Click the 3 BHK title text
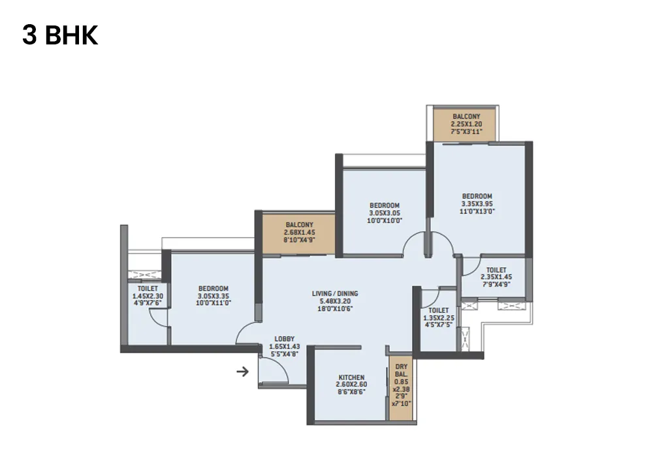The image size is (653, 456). [x=60, y=35]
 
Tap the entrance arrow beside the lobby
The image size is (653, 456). [x=242, y=372]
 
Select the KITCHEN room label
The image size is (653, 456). [x=351, y=378]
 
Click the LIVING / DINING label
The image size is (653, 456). [x=335, y=293]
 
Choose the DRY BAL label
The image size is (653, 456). [x=400, y=371]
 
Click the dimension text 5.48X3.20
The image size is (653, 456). [x=335, y=301]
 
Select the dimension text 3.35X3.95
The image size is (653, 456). [x=477, y=204]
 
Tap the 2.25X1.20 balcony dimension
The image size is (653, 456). [x=466, y=124]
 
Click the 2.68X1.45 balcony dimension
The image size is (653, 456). [x=299, y=233]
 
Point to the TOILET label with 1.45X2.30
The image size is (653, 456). [x=148, y=288]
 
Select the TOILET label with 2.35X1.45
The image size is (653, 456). [x=496, y=269]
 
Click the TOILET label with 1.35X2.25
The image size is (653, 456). [x=439, y=310]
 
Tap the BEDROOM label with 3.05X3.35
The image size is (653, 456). [x=213, y=289]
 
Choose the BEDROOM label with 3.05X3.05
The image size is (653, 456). [x=384, y=205]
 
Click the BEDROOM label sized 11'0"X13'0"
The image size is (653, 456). [x=477, y=196]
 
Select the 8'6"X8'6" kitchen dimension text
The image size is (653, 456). [x=351, y=393]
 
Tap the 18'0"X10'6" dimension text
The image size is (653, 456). [x=335, y=309]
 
